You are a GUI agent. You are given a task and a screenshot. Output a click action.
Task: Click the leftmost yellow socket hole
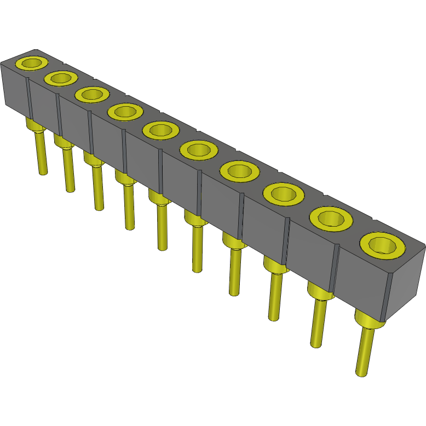pos(32,62)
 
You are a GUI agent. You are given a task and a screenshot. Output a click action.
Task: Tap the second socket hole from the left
pos(60,78)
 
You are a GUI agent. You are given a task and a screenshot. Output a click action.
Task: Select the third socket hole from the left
pos(91,95)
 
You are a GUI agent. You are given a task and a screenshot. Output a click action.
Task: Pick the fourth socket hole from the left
pos(124,112)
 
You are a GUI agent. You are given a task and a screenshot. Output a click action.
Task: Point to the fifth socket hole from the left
pos(160,130)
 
